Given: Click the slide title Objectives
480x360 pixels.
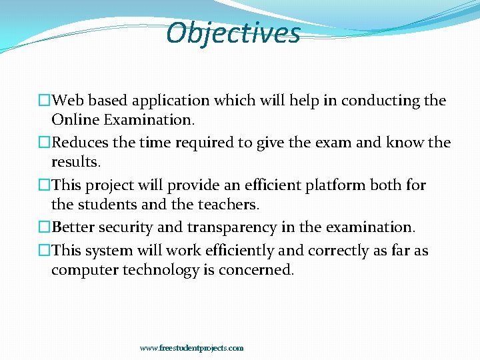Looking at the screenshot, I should (233, 33).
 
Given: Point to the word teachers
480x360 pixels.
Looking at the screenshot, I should (223, 204).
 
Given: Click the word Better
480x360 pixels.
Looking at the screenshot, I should (73, 227).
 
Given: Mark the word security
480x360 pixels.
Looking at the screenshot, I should (125, 227).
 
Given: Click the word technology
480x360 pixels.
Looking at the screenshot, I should (157, 270).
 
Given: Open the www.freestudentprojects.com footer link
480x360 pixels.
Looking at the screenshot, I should (192, 348).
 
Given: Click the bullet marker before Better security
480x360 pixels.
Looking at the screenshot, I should (45, 227).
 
